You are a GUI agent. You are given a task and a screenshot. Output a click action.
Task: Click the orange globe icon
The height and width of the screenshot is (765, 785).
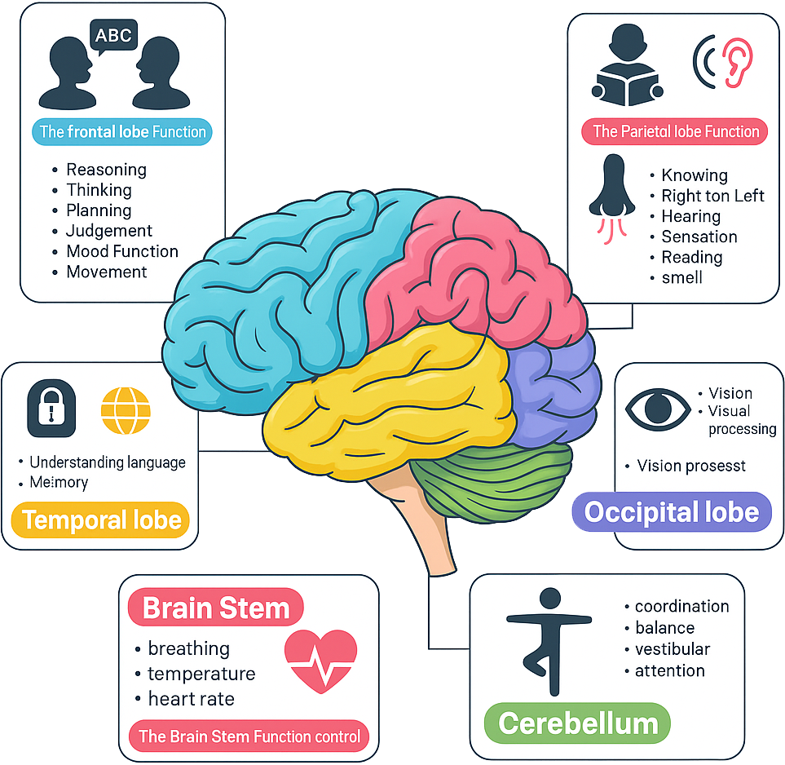(126, 410)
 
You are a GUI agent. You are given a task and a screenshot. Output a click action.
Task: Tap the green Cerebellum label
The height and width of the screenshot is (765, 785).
(577, 723)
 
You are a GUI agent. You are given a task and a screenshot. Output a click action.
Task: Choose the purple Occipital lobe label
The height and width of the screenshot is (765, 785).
(672, 512)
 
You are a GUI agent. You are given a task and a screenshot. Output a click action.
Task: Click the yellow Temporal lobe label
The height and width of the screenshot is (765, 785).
(101, 520)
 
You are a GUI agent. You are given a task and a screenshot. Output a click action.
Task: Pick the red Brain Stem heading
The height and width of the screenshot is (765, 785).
(216, 608)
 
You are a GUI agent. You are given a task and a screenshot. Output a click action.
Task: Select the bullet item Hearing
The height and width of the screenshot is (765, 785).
(690, 216)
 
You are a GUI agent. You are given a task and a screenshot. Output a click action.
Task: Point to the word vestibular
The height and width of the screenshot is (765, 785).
(672, 649)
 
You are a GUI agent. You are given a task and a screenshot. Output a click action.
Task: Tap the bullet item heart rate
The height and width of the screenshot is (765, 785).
(191, 699)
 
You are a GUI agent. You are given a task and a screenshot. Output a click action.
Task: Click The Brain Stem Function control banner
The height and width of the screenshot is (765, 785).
(249, 736)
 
